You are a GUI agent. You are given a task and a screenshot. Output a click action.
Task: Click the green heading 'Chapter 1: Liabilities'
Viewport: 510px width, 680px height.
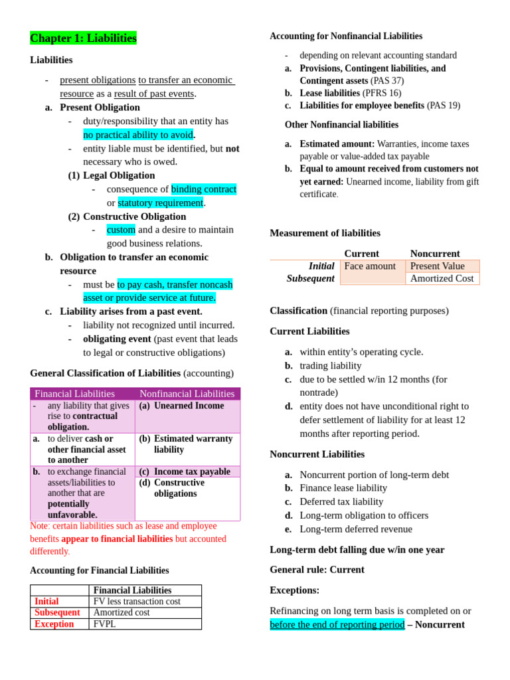click(83, 39)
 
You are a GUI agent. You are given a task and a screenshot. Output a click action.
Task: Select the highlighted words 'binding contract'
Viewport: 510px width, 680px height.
click(203, 189)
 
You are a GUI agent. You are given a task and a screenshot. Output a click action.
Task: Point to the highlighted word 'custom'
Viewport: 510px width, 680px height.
click(121, 230)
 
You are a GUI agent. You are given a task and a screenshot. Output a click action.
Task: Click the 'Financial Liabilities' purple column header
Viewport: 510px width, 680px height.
click(74, 394)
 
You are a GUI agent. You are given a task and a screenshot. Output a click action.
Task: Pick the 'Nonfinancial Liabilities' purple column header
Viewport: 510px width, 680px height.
click(187, 394)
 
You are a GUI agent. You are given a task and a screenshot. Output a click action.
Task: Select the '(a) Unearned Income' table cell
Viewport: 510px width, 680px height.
click(181, 406)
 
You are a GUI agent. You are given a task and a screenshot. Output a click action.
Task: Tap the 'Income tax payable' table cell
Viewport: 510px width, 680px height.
click(191, 471)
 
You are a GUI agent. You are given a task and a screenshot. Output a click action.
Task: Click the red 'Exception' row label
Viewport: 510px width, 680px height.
click(54, 624)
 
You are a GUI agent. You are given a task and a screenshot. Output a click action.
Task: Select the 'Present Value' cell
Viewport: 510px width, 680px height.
click(437, 266)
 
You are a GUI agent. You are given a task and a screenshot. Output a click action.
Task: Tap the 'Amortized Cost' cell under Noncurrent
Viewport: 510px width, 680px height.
click(442, 279)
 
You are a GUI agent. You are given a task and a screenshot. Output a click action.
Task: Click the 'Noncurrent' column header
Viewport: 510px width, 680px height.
click(435, 254)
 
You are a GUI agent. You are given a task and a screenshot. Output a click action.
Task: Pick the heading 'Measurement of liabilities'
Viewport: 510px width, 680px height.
click(325, 233)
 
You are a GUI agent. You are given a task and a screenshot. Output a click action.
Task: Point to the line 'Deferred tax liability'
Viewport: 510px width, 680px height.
click(341, 502)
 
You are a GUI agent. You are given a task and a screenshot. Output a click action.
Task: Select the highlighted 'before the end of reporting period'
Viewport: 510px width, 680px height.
click(337, 625)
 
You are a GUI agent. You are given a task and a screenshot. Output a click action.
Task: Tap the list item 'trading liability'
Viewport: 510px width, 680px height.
click(331, 366)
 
